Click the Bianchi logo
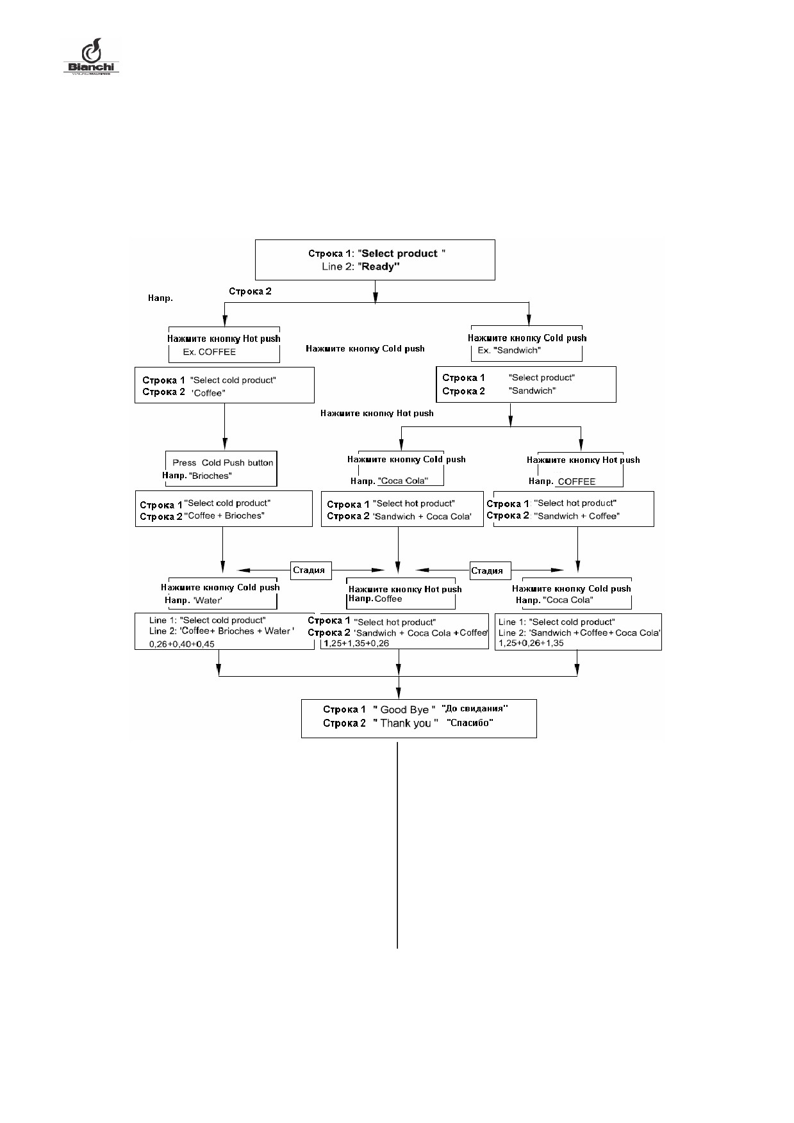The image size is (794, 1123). (91, 56)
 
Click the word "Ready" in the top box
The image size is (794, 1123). (379, 267)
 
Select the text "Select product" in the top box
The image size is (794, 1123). (399, 254)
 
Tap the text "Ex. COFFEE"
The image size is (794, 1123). (210, 352)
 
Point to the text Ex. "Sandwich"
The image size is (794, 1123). (509, 350)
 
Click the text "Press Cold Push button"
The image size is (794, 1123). (222, 462)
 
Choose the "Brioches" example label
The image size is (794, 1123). (210, 476)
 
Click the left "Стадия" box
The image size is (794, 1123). (309, 570)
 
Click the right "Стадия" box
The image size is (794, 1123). (487, 570)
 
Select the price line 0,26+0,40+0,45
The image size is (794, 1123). (182, 644)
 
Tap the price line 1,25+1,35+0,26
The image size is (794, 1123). (356, 643)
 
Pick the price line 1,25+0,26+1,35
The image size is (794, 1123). (531, 643)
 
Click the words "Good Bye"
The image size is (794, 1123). (404, 709)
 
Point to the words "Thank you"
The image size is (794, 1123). (406, 723)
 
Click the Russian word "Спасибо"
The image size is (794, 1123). (470, 723)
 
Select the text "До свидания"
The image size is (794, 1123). (475, 709)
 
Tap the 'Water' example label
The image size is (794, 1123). (208, 601)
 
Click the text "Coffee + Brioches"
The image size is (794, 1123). (224, 516)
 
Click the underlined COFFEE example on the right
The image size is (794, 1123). (577, 481)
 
